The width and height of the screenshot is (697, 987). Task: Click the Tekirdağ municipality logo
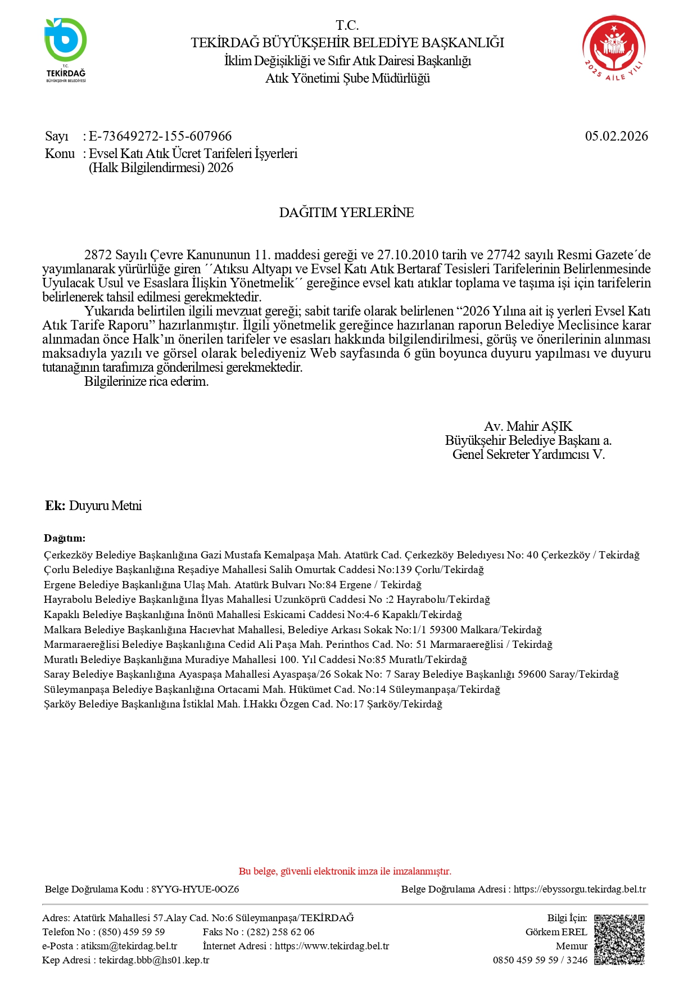pos(66,49)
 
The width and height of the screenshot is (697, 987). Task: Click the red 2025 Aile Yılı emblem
pos(613,48)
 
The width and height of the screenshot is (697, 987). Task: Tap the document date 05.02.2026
pos(616,136)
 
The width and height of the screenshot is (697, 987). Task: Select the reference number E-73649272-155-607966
pos(160,136)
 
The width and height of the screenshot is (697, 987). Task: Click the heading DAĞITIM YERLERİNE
pos(346,213)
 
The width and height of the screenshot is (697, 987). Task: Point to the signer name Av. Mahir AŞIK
pos(528,426)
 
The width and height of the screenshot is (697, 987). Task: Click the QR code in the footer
pos(619,939)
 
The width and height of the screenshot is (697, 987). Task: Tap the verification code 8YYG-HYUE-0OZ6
pos(195,889)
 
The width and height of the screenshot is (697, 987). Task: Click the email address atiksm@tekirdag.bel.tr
pos(129,946)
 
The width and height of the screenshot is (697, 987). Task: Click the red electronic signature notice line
pos(345,871)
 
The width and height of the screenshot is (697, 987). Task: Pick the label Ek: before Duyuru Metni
pos(55,506)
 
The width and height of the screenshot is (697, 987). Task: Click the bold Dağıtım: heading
pos(65,538)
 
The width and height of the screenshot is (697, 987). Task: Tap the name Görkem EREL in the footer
pos(556,932)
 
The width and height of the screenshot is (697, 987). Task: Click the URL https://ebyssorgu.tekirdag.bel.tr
pos(580,889)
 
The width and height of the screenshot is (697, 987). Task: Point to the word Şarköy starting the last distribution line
pos(60,704)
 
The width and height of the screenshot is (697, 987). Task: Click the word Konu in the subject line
pos(60,154)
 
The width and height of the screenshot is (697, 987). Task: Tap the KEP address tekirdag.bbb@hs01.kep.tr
pos(154,960)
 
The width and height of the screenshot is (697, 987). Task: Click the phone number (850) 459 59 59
pos(132,932)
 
